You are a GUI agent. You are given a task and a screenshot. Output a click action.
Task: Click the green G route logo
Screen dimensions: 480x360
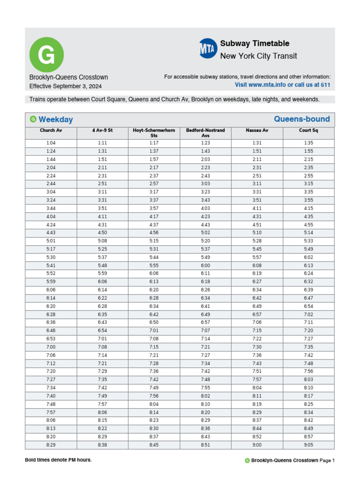[x=46, y=54]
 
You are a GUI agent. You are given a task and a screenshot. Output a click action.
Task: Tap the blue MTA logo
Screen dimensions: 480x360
[x=208, y=48]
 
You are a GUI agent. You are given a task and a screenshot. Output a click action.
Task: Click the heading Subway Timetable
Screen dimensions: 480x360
[x=255, y=44]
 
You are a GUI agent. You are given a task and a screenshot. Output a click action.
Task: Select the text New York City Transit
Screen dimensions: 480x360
[x=258, y=56]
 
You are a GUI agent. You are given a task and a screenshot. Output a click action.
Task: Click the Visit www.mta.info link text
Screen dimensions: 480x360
[x=282, y=85]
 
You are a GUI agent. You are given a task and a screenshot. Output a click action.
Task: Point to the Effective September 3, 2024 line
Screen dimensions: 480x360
[x=65, y=86]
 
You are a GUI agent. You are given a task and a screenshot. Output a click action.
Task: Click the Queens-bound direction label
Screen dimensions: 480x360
[x=301, y=119]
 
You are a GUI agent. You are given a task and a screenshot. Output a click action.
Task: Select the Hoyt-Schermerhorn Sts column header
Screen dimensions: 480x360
[x=154, y=133]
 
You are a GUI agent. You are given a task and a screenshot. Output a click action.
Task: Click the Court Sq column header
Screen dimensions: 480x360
[x=308, y=130]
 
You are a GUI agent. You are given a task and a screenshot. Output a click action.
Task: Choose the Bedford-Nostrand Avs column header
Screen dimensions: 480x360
[x=205, y=133]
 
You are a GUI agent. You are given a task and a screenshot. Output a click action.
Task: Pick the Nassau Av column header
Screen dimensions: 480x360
[x=257, y=130]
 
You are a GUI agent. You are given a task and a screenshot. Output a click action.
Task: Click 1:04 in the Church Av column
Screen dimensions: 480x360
[x=51, y=143]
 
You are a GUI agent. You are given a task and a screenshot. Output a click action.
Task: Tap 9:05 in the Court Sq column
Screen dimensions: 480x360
[x=308, y=445]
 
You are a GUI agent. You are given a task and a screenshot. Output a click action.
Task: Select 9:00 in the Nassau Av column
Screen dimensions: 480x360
[x=257, y=445]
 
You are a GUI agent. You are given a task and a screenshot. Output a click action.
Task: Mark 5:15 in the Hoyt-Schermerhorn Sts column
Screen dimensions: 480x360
[x=154, y=241]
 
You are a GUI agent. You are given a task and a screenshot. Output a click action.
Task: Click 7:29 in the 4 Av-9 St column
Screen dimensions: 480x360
[x=102, y=371]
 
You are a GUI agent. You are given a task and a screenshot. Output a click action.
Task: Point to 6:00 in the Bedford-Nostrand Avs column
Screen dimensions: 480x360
[x=205, y=265]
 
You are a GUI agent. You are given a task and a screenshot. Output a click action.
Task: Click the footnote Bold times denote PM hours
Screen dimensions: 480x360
[x=58, y=460]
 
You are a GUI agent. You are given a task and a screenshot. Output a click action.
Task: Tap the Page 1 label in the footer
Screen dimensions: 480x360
[x=327, y=461]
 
